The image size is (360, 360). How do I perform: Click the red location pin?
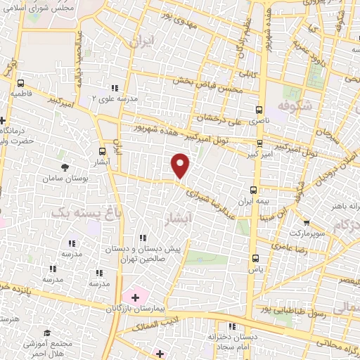[181, 165]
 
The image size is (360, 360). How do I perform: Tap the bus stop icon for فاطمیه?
[20, 82]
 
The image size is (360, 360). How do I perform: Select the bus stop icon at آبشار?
[103, 150]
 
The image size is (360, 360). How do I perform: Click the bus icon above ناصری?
[259, 110]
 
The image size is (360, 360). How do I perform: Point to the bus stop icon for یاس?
[256, 257]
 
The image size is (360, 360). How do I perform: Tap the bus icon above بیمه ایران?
[255, 188]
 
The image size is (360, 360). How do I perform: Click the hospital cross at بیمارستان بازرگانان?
[135, 298]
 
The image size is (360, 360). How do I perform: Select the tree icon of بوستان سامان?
[65, 167]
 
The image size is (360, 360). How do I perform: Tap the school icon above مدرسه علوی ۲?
[115, 88]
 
